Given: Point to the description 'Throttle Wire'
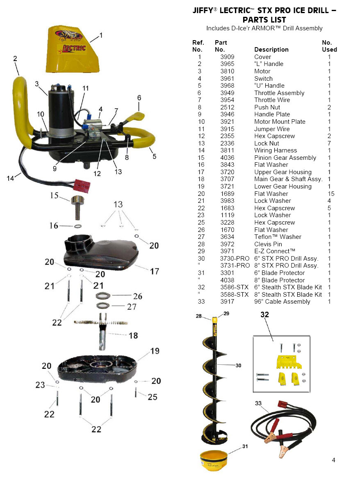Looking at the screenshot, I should point(272,100).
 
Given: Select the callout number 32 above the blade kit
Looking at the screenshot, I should point(265,315).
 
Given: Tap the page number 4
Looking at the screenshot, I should point(333,460).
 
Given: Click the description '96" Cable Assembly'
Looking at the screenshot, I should point(282,302).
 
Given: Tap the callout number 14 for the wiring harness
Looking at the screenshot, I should point(11,178).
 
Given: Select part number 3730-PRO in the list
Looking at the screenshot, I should point(235,259).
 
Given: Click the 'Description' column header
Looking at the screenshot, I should point(271,50).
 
